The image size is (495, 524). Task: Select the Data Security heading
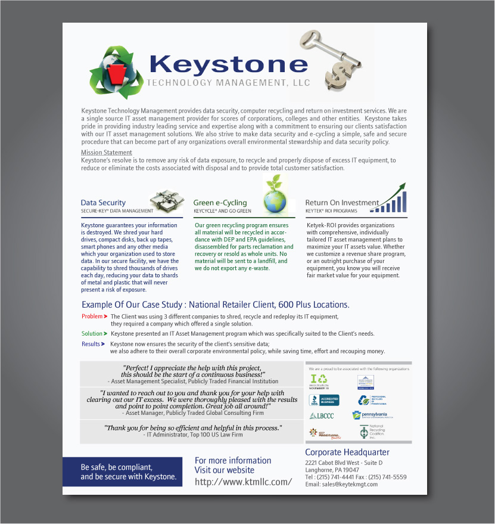click(103, 203)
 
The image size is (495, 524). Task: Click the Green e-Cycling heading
click(220, 203)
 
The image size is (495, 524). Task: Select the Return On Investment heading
click(342, 203)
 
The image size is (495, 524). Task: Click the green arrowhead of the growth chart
click(402, 186)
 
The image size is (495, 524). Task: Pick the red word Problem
click(92, 317)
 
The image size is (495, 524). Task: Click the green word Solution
click(92, 334)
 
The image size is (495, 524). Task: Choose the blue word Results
click(91, 344)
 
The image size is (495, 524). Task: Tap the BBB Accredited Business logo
click(324, 400)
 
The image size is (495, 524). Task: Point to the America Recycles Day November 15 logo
click(319, 380)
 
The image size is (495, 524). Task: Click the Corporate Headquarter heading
click(347, 452)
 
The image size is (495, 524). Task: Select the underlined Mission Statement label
click(107, 153)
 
